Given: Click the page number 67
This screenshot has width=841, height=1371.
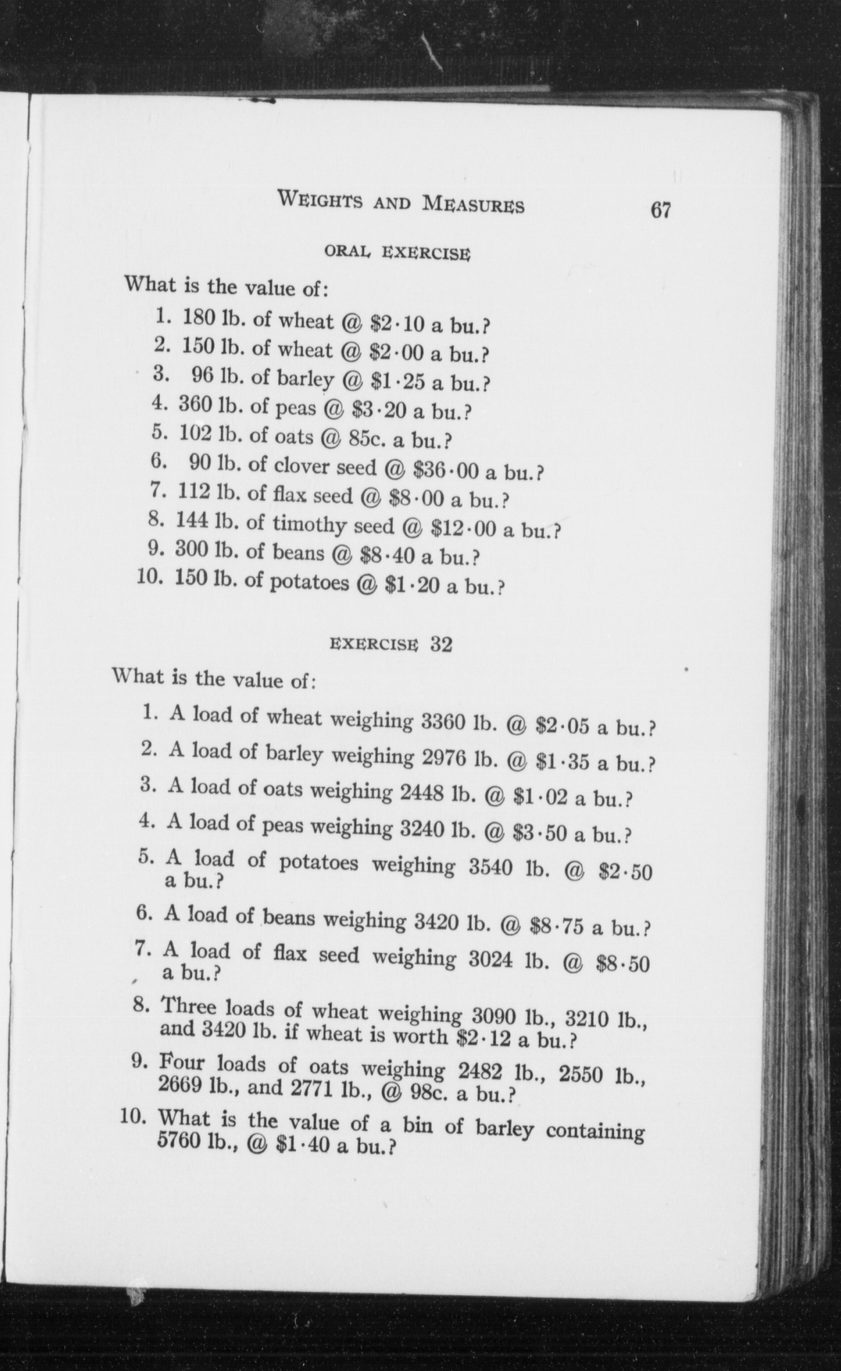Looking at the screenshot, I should (660, 211).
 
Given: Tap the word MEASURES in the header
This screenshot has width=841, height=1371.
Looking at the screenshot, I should (473, 204).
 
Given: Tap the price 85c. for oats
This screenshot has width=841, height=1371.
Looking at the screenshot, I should (367, 439).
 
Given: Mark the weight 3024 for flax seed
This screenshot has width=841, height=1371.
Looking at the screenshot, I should (490, 960).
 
